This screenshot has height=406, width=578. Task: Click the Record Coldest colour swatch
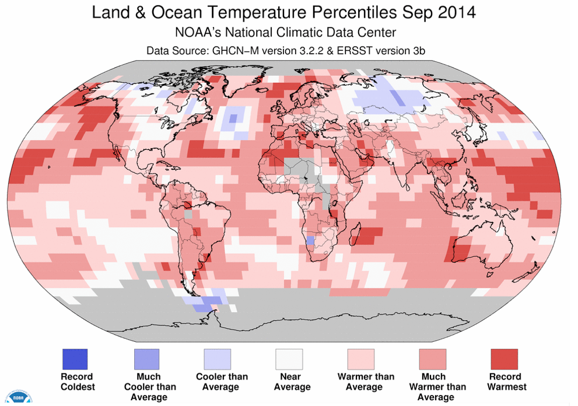click(75, 360)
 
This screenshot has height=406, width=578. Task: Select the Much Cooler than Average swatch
click(146, 360)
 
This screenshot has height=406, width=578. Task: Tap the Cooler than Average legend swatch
click(218, 360)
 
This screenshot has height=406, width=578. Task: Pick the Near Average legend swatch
click(289, 360)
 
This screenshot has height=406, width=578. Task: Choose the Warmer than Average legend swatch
click(361, 360)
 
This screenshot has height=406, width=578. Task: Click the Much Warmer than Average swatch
click(433, 360)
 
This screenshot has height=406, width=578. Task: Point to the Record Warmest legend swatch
click(505, 360)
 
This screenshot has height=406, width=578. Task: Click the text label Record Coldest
click(76, 381)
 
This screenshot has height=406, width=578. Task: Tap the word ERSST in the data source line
click(351, 51)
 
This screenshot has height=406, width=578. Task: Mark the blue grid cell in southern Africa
click(310, 240)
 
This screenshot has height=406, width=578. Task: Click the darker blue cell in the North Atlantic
click(233, 118)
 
